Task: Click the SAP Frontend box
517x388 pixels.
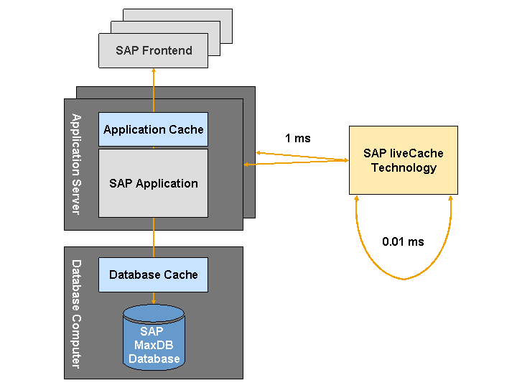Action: coord(153,50)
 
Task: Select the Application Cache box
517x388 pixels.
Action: coord(153,130)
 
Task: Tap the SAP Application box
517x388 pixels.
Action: coord(153,183)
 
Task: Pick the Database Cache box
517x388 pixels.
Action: coord(153,274)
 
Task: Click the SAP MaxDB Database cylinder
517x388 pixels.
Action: coord(153,338)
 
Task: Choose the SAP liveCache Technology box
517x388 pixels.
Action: coord(403,160)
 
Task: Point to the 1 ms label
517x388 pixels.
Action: coord(297,138)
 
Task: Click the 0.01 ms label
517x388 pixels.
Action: coord(403,241)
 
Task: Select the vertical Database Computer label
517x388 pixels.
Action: coord(75,314)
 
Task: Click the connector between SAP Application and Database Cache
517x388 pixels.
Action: coord(154,237)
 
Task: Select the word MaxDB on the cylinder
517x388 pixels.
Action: coord(152,345)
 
